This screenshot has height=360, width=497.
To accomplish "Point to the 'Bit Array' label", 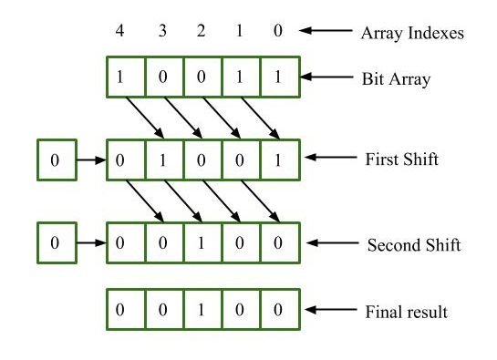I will [x=396, y=78].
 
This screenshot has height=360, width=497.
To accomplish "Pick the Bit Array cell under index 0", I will [x=279, y=77].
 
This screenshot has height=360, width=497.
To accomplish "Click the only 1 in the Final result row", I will [x=202, y=310].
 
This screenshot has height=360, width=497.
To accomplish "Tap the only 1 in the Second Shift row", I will [x=202, y=244].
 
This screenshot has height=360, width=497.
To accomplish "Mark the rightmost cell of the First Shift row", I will [x=279, y=160].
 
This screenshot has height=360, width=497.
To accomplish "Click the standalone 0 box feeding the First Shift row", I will [x=55, y=160].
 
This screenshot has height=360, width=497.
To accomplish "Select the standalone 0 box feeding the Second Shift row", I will [x=55, y=244].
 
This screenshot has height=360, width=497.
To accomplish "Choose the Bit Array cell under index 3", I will [x=163, y=77].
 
